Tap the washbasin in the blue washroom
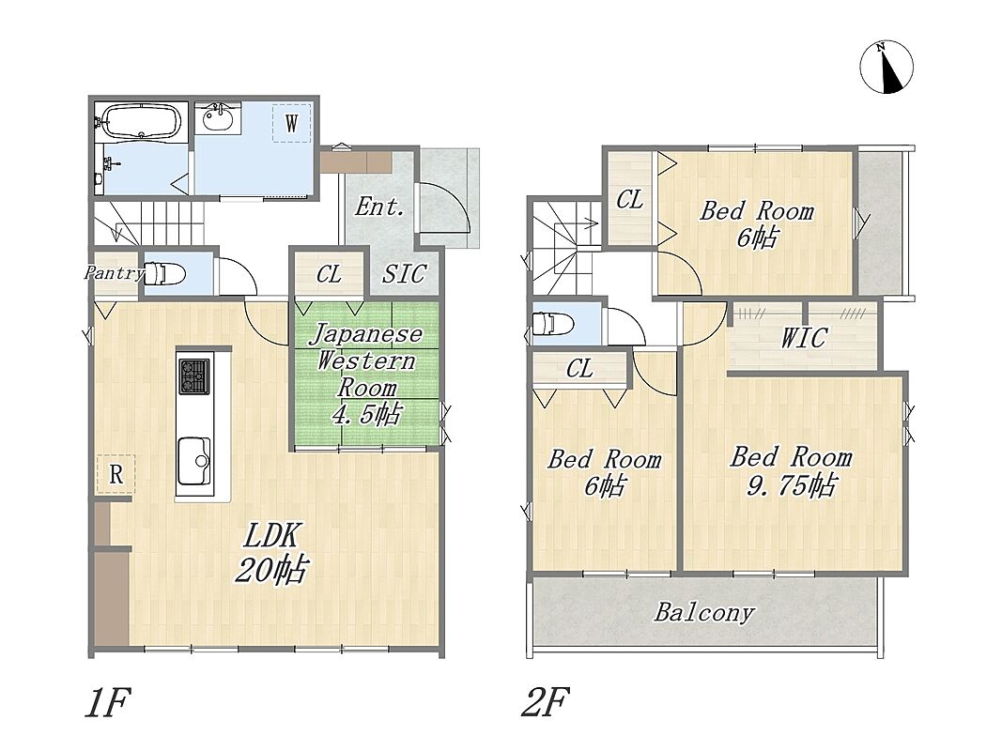(x=218, y=116)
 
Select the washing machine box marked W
(x=291, y=122)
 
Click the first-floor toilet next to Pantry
(x=164, y=274)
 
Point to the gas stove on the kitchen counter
(x=193, y=375)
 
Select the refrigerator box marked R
(x=116, y=474)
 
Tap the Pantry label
(x=115, y=273)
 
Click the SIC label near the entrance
(x=404, y=274)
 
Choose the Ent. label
(x=379, y=207)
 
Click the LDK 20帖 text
(x=271, y=552)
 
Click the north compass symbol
(x=886, y=67)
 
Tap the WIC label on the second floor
(x=804, y=337)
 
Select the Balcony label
(x=704, y=612)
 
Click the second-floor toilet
(x=553, y=323)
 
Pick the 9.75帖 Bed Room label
(x=791, y=471)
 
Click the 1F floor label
(x=108, y=702)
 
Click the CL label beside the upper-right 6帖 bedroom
(x=629, y=200)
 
